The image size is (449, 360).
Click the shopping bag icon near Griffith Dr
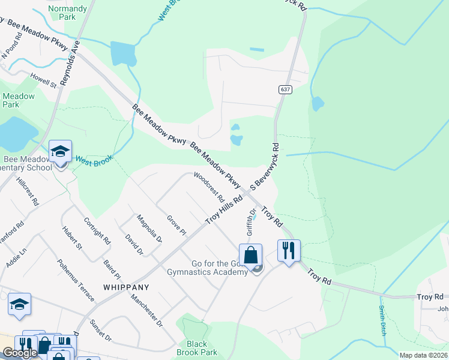point(251,254)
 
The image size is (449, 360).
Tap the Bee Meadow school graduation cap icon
point(60,151)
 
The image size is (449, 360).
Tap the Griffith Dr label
point(251,222)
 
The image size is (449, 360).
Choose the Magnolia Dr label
point(149,228)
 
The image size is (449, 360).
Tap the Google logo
point(20,353)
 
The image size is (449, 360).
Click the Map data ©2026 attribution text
point(423,355)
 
